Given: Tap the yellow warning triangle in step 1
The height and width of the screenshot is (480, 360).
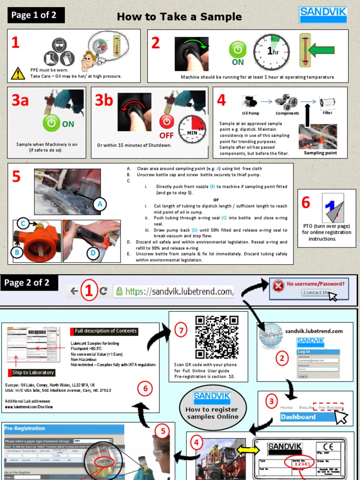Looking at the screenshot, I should pyautogui.click(x=18, y=73).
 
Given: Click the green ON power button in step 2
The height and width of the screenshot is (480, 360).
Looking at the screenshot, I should pyautogui.click(x=238, y=50).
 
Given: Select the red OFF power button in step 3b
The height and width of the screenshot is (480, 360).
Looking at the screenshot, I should pyautogui.click(x=167, y=122).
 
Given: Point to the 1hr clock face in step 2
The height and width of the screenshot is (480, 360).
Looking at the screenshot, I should pyautogui.click(x=271, y=52).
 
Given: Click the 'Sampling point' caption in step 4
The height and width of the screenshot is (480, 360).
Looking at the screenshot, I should pyautogui.click(x=320, y=153).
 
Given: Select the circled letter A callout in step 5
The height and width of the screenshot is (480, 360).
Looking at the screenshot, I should pyautogui.click(x=99, y=204).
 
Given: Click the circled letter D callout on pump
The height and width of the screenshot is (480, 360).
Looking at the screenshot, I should pyautogui.click(x=93, y=254).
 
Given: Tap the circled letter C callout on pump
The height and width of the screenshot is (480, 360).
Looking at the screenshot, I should pyautogui.click(x=23, y=223).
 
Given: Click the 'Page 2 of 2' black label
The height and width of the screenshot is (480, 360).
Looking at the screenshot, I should pyautogui.click(x=30, y=283).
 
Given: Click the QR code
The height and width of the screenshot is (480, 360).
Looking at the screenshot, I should pyautogui.click(x=217, y=337).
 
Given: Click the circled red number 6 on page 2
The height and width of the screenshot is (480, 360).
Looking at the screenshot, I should pyautogui.click(x=145, y=388).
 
